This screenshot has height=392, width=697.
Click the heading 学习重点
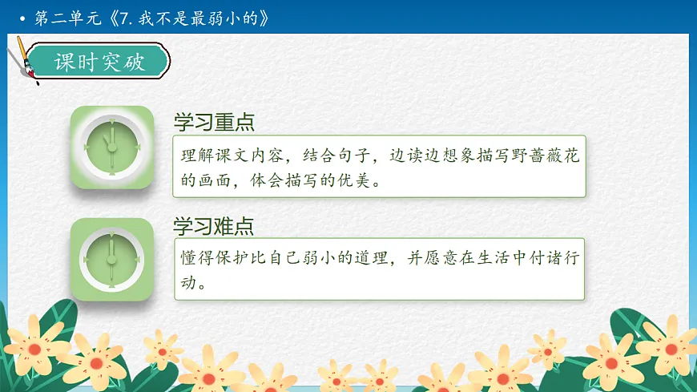(x=214, y=123)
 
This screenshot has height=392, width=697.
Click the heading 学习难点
(x=214, y=226)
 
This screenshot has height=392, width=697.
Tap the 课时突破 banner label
(x=100, y=63)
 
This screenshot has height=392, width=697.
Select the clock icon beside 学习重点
(x=111, y=148)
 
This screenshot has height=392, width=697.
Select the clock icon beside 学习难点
(x=111, y=258)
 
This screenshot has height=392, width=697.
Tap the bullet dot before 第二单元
(x=22, y=18)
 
